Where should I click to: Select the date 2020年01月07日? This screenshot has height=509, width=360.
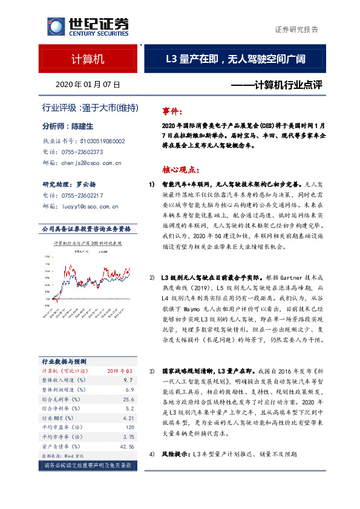click(88, 85)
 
